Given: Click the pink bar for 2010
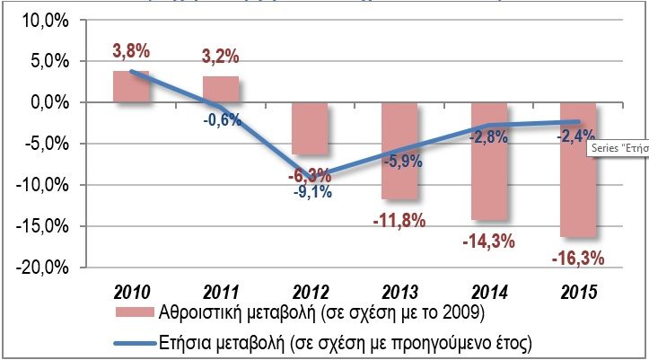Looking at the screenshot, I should pyautogui.click(x=131, y=86).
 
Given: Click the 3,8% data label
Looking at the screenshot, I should pyautogui.click(x=131, y=51).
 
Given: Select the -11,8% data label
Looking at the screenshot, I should pyautogui.click(x=399, y=220).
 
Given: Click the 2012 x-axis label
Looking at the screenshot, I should pyautogui.click(x=310, y=292).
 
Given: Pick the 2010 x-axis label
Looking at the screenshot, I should pyautogui.click(x=131, y=292).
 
